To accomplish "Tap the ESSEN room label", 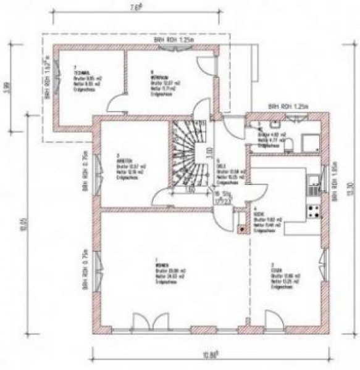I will pyautogui.click(x=274, y=266).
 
